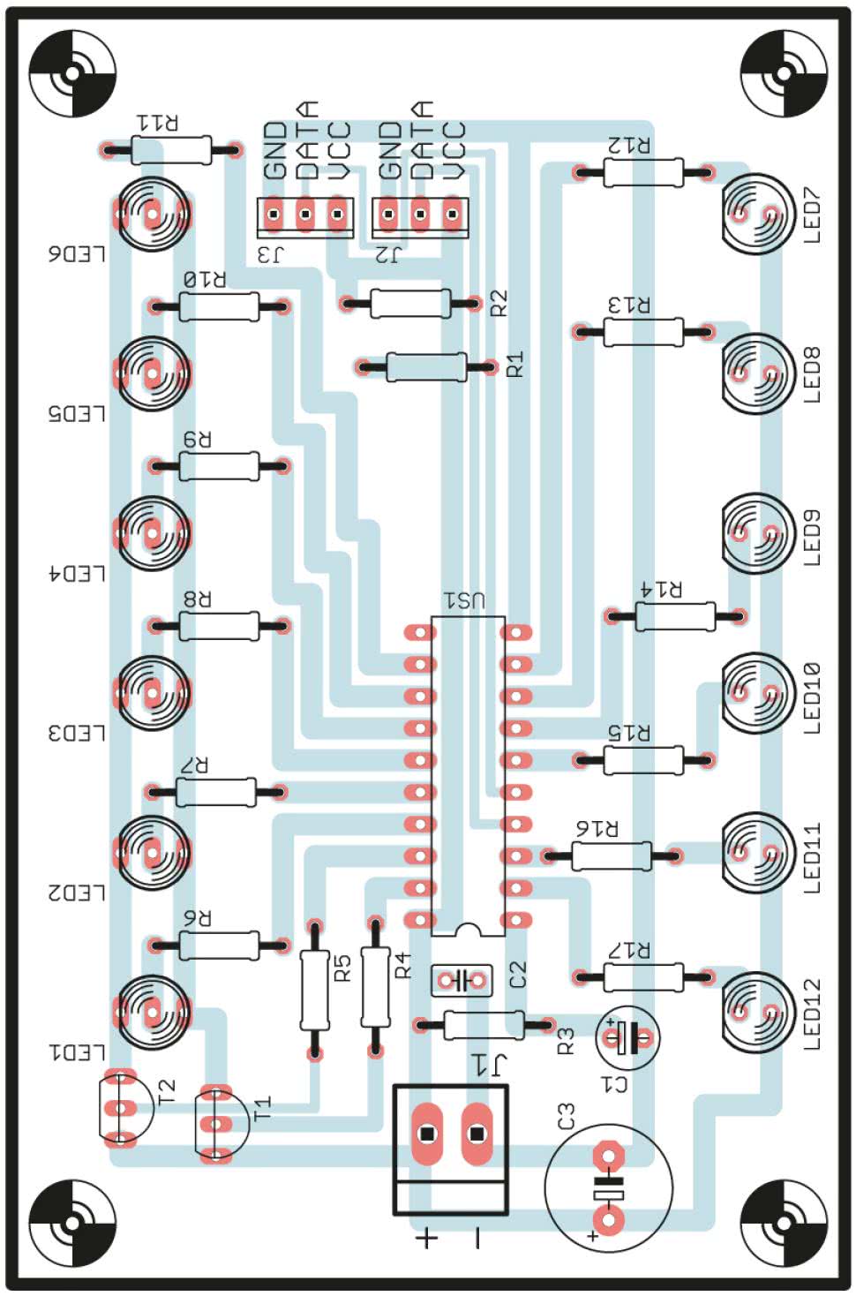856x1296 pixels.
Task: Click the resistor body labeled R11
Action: tap(171, 150)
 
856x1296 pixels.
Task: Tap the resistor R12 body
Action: tap(642, 172)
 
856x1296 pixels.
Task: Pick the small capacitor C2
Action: tap(461, 980)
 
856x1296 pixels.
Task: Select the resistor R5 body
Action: tap(314, 989)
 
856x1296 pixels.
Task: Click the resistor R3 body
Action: tap(484, 1025)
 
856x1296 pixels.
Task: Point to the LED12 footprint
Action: tap(756, 1011)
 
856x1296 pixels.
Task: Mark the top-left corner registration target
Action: tap(72, 74)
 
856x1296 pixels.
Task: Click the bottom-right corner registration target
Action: tap(782, 1223)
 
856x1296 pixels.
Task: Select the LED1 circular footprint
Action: tap(153, 1011)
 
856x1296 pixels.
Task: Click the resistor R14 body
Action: tap(674, 616)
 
